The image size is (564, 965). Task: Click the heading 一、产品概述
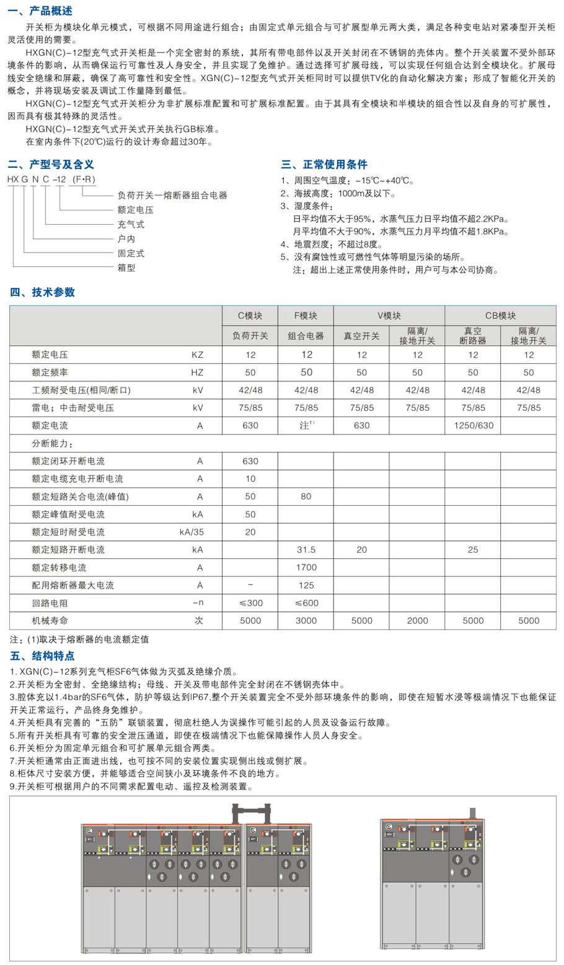(42, 11)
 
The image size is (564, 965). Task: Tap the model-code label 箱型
(126, 267)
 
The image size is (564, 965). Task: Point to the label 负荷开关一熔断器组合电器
(172, 195)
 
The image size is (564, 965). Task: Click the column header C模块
(250, 316)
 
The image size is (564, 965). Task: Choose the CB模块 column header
(500, 316)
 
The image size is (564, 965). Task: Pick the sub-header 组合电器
(306, 336)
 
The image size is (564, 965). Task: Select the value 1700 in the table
(306, 568)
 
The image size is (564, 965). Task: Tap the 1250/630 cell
(473, 426)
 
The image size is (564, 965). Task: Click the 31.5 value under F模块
(306, 550)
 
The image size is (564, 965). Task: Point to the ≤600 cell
(306, 603)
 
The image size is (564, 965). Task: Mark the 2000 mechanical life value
(417, 620)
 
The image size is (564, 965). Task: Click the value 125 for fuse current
(306, 585)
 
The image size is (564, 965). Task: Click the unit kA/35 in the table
(191, 532)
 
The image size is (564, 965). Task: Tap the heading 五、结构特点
(42, 656)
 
